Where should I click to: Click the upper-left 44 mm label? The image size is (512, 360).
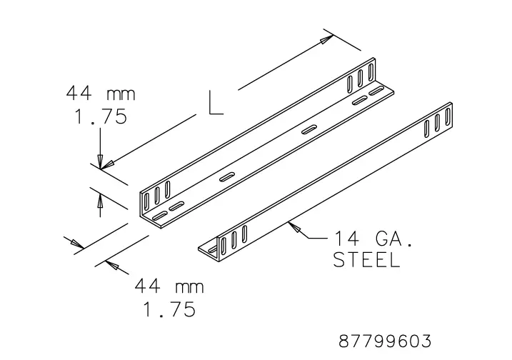click(100, 94)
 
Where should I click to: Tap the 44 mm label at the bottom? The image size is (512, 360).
click(169, 286)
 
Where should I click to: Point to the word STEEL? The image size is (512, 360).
click(366, 260)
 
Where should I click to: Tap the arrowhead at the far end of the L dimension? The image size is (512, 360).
click(327, 39)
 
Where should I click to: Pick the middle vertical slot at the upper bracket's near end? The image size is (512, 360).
click(158, 191)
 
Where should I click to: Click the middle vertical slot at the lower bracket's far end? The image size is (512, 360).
click(437, 126)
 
